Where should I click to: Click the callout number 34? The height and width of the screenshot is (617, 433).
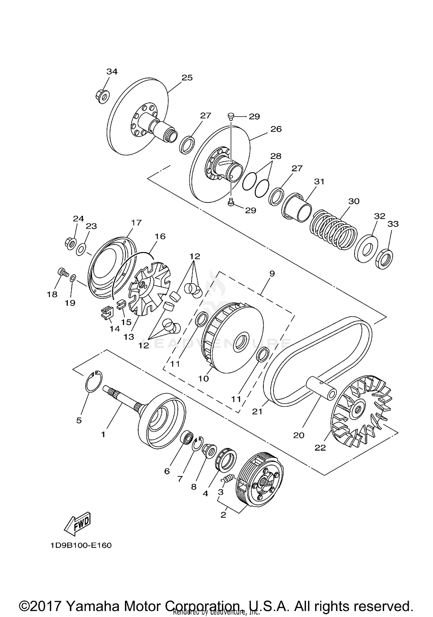(x=112, y=72)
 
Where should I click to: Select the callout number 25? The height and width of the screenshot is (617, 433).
(x=187, y=78)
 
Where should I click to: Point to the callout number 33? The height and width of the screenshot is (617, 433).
(x=393, y=224)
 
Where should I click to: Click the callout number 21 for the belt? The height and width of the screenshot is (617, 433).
(x=257, y=411)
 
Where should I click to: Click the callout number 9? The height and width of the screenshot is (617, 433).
(x=272, y=273)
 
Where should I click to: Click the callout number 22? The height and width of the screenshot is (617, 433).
(x=320, y=448)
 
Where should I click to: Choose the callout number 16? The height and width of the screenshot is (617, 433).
(x=160, y=236)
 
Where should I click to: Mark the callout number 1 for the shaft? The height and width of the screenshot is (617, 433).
(x=103, y=434)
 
